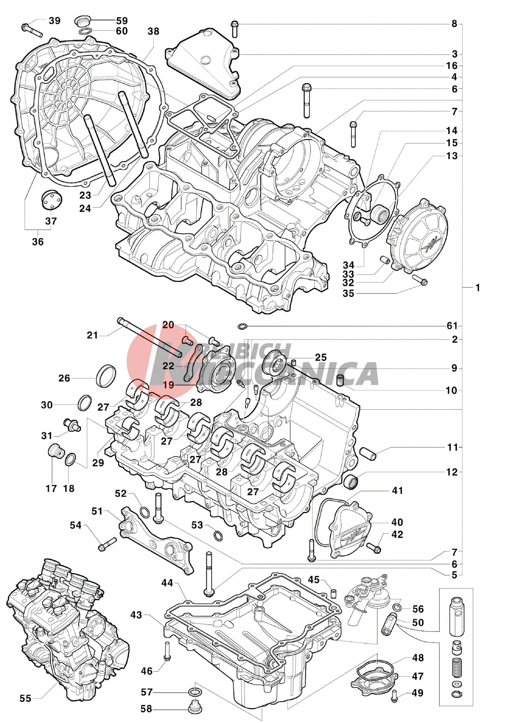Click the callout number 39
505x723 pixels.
pyautogui.click(x=54, y=21)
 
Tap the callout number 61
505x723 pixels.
pyautogui.click(x=452, y=325)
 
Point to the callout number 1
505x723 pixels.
pyautogui.click(x=478, y=288)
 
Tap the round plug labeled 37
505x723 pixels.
pyautogui.click(x=51, y=199)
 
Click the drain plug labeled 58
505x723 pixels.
pyautogui.click(x=195, y=708)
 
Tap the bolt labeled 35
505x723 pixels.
pyautogui.click(x=420, y=280)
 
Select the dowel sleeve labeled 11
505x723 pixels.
pyautogui.click(x=368, y=454)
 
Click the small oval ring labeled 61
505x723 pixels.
pyautogui.click(x=242, y=326)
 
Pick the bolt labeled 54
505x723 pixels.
pyautogui.click(x=107, y=544)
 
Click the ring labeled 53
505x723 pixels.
pyautogui.click(x=218, y=535)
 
